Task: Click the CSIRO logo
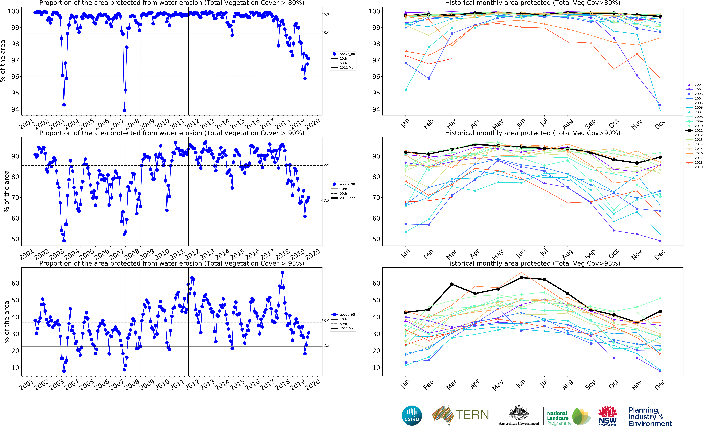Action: click(x=412, y=416)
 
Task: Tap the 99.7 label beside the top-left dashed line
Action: click(x=325, y=15)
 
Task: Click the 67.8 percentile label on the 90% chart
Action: click(x=325, y=201)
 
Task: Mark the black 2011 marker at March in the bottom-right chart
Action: click(x=452, y=284)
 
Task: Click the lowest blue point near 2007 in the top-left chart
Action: click(x=124, y=110)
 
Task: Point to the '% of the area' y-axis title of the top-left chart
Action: click(x=3, y=61)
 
